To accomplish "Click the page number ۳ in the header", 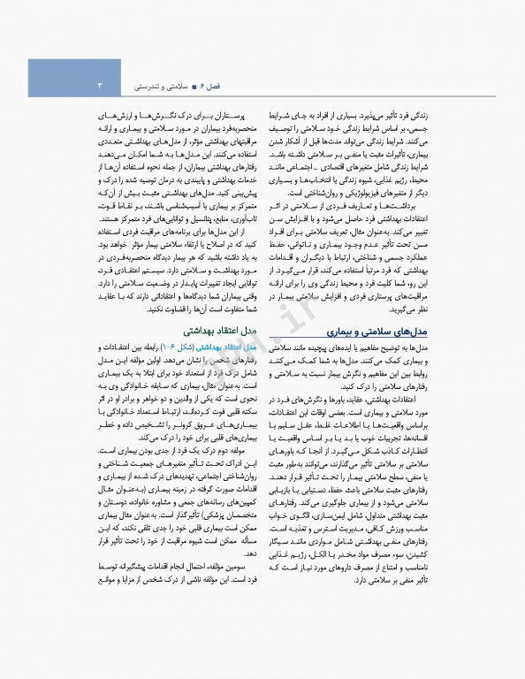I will tap(99, 87).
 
